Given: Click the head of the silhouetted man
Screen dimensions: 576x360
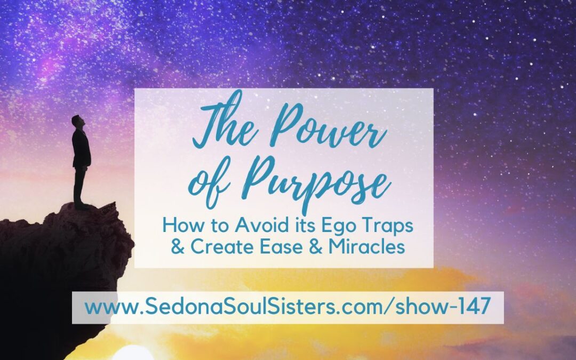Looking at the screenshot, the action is pyautogui.click(x=77, y=121).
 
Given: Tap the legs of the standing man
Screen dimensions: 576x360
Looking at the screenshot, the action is pyautogui.click(x=79, y=187).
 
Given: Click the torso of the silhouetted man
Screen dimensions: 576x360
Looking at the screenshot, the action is pyautogui.click(x=81, y=148).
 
